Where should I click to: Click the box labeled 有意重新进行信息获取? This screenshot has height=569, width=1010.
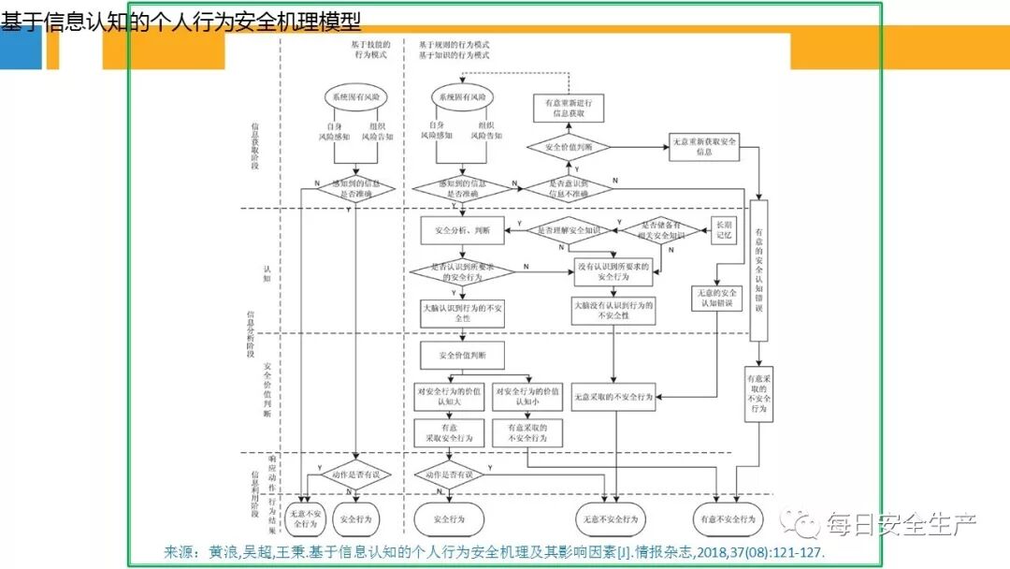569,108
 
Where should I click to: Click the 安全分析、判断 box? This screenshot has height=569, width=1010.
463,229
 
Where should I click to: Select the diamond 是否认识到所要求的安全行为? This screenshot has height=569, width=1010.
463,272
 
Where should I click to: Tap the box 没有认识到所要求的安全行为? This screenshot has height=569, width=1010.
613,272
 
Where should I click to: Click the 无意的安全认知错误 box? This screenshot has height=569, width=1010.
716,298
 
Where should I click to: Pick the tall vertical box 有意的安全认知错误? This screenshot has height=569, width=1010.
758,270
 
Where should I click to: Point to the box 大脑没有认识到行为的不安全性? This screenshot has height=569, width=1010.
613,311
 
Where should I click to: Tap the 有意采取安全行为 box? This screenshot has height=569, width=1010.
450,431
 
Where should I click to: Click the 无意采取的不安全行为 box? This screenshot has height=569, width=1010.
613,397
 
